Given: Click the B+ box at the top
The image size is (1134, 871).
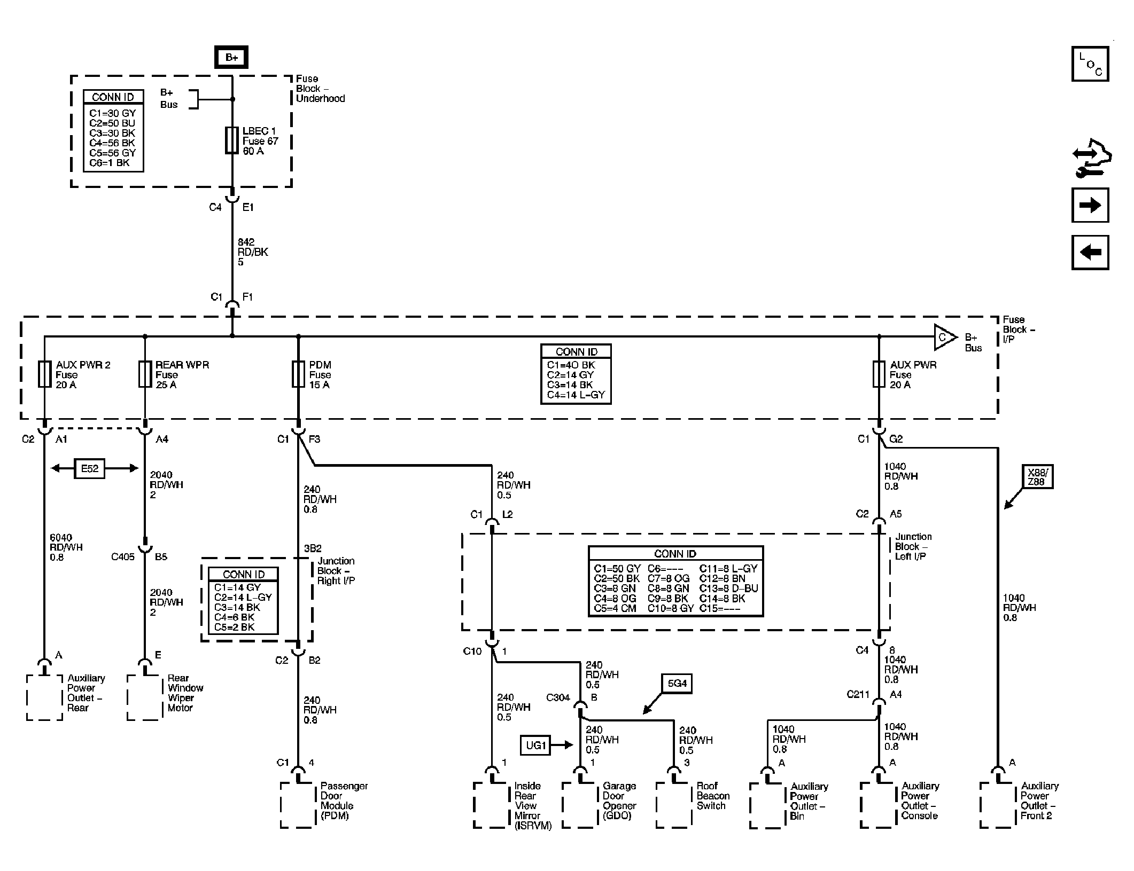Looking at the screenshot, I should click(x=231, y=57).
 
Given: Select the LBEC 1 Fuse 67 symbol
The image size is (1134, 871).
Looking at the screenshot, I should click(x=232, y=140).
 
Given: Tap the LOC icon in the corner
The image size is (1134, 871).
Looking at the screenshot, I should click(x=1090, y=64).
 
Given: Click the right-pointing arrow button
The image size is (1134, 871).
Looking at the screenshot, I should click(x=1090, y=205).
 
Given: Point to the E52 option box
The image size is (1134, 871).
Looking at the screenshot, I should click(x=90, y=468).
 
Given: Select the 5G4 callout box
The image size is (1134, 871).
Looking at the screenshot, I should click(x=677, y=683).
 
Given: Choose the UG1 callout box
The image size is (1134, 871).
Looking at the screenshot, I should click(x=536, y=745).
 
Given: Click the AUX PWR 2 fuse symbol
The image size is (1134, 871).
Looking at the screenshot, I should click(x=45, y=374).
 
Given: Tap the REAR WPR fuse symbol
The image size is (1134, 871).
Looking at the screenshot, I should click(x=145, y=374).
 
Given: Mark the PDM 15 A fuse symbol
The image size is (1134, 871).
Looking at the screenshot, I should click(x=298, y=374).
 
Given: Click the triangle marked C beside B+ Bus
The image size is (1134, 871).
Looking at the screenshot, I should click(x=944, y=338).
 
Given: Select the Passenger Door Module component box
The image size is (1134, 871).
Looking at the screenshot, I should click(x=298, y=804).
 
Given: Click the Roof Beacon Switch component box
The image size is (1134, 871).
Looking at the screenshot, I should click(x=674, y=804).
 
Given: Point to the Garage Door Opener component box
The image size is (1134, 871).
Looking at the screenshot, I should click(x=580, y=804).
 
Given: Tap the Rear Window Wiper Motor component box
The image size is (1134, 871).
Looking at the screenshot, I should click(x=145, y=697).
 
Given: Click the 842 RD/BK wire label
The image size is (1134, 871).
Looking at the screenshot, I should click(x=253, y=252).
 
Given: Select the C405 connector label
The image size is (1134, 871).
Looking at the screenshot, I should click(x=123, y=557).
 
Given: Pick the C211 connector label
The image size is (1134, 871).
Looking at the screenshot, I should click(x=858, y=695).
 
